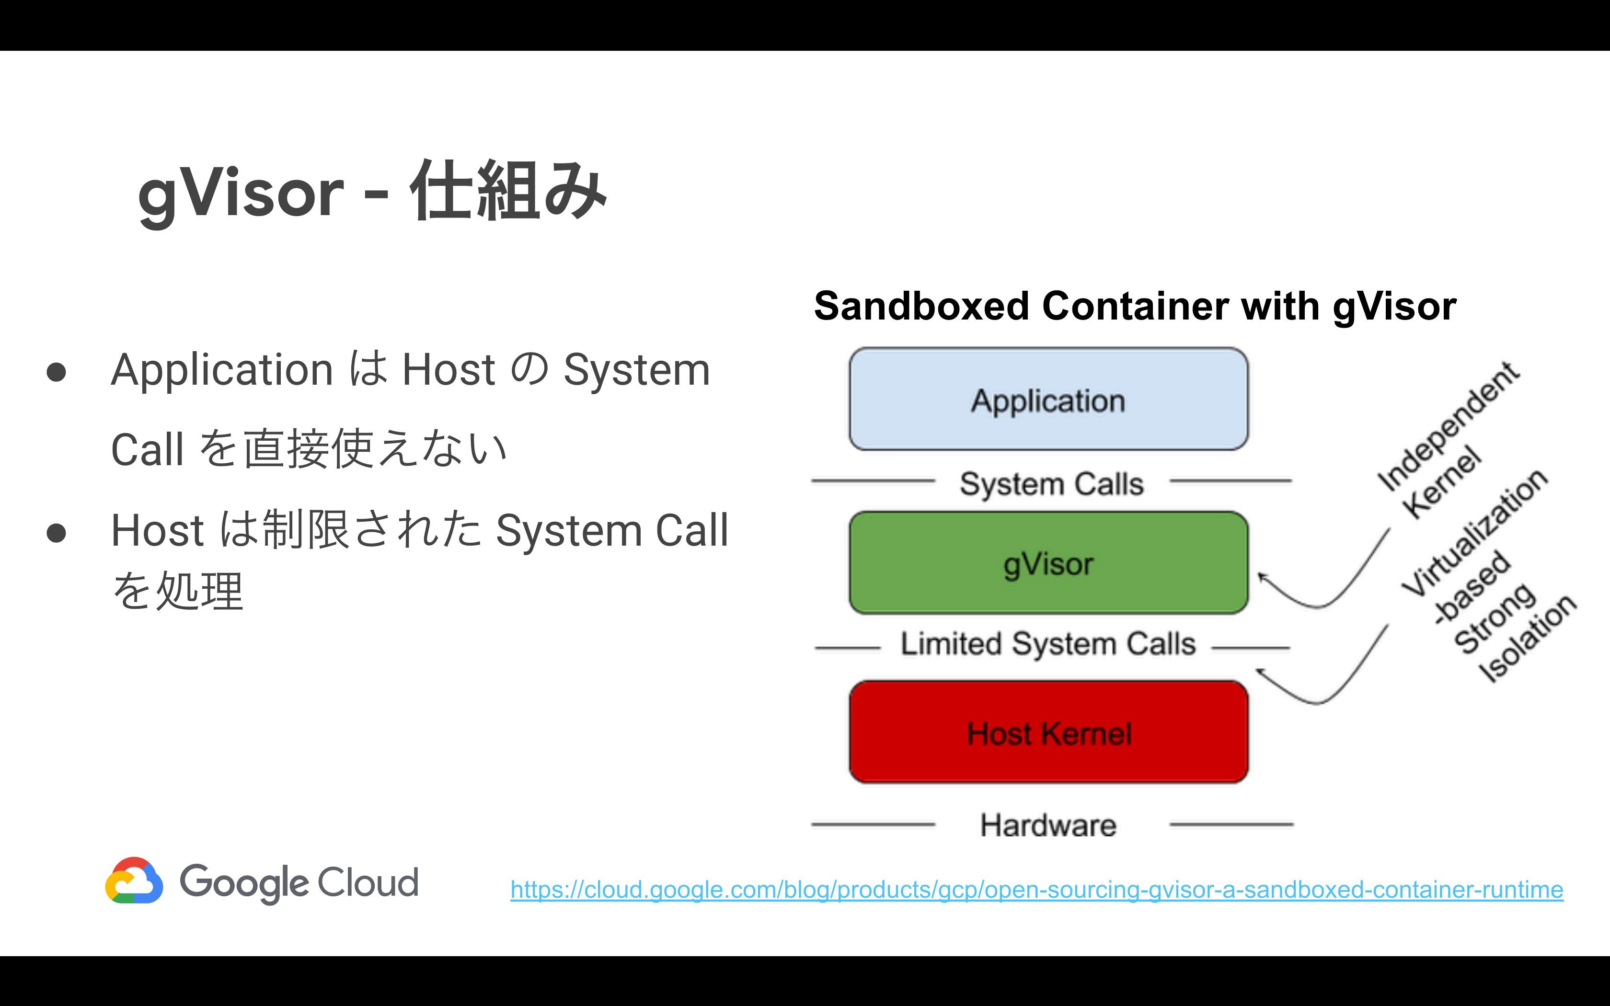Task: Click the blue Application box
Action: [1048, 399]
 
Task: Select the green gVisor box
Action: [1048, 563]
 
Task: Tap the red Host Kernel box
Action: [1048, 732]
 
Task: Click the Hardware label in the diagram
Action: [1048, 825]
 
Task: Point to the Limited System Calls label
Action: [1048, 644]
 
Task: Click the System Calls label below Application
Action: [1051, 484]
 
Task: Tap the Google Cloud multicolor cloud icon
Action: [134, 881]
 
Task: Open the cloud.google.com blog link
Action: [1036, 890]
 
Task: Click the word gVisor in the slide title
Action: [241, 193]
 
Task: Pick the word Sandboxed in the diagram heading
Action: [921, 307]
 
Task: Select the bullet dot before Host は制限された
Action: [57, 532]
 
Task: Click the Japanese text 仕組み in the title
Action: [509, 192]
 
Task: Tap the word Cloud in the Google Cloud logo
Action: [368, 882]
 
